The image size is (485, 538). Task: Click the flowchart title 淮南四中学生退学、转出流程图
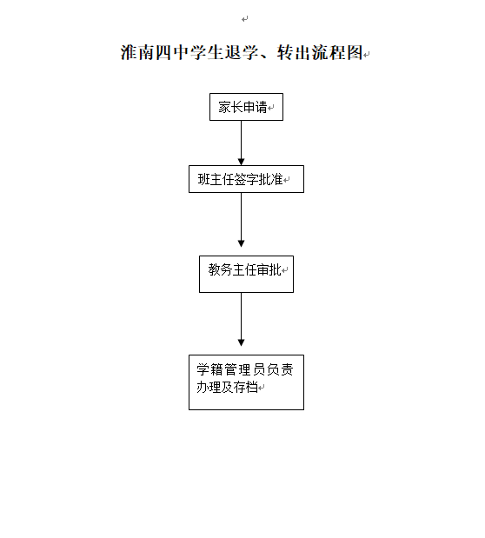point(242,52)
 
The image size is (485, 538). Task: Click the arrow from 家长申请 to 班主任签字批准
point(241,143)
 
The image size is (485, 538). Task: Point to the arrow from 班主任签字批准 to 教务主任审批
point(241,220)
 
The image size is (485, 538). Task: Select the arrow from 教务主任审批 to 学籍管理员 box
point(241,320)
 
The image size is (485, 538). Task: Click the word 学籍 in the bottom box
point(209,370)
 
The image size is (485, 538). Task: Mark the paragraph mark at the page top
point(245,19)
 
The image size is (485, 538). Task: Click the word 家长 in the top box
point(230,107)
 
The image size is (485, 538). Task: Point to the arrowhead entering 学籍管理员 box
point(241,342)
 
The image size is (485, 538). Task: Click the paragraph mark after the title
point(367,54)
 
